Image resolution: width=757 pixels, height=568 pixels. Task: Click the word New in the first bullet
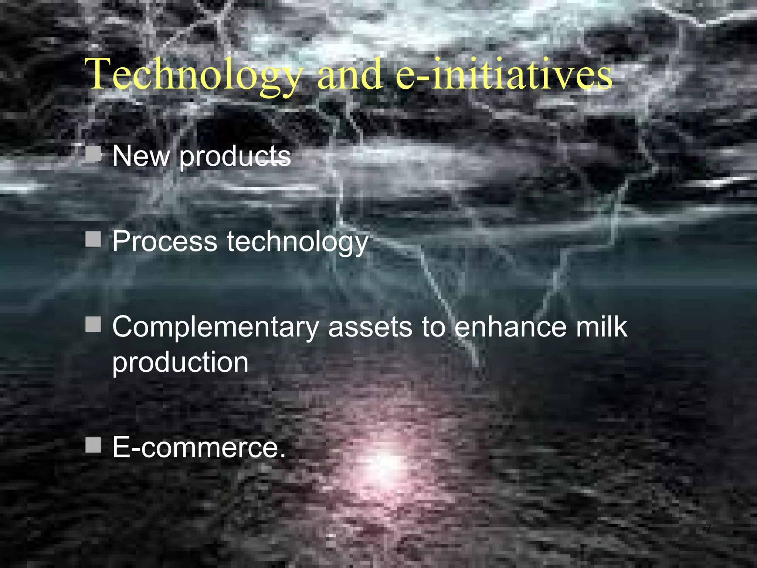coord(141,156)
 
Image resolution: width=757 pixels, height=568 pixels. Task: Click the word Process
coord(164,241)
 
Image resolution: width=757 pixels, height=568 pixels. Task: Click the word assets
coord(370,328)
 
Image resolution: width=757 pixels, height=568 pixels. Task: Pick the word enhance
coord(510,327)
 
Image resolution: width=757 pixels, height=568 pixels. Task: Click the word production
coord(180,362)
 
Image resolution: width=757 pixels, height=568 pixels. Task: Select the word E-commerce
coord(199,447)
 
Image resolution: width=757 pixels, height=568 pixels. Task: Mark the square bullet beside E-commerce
coord(93,445)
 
